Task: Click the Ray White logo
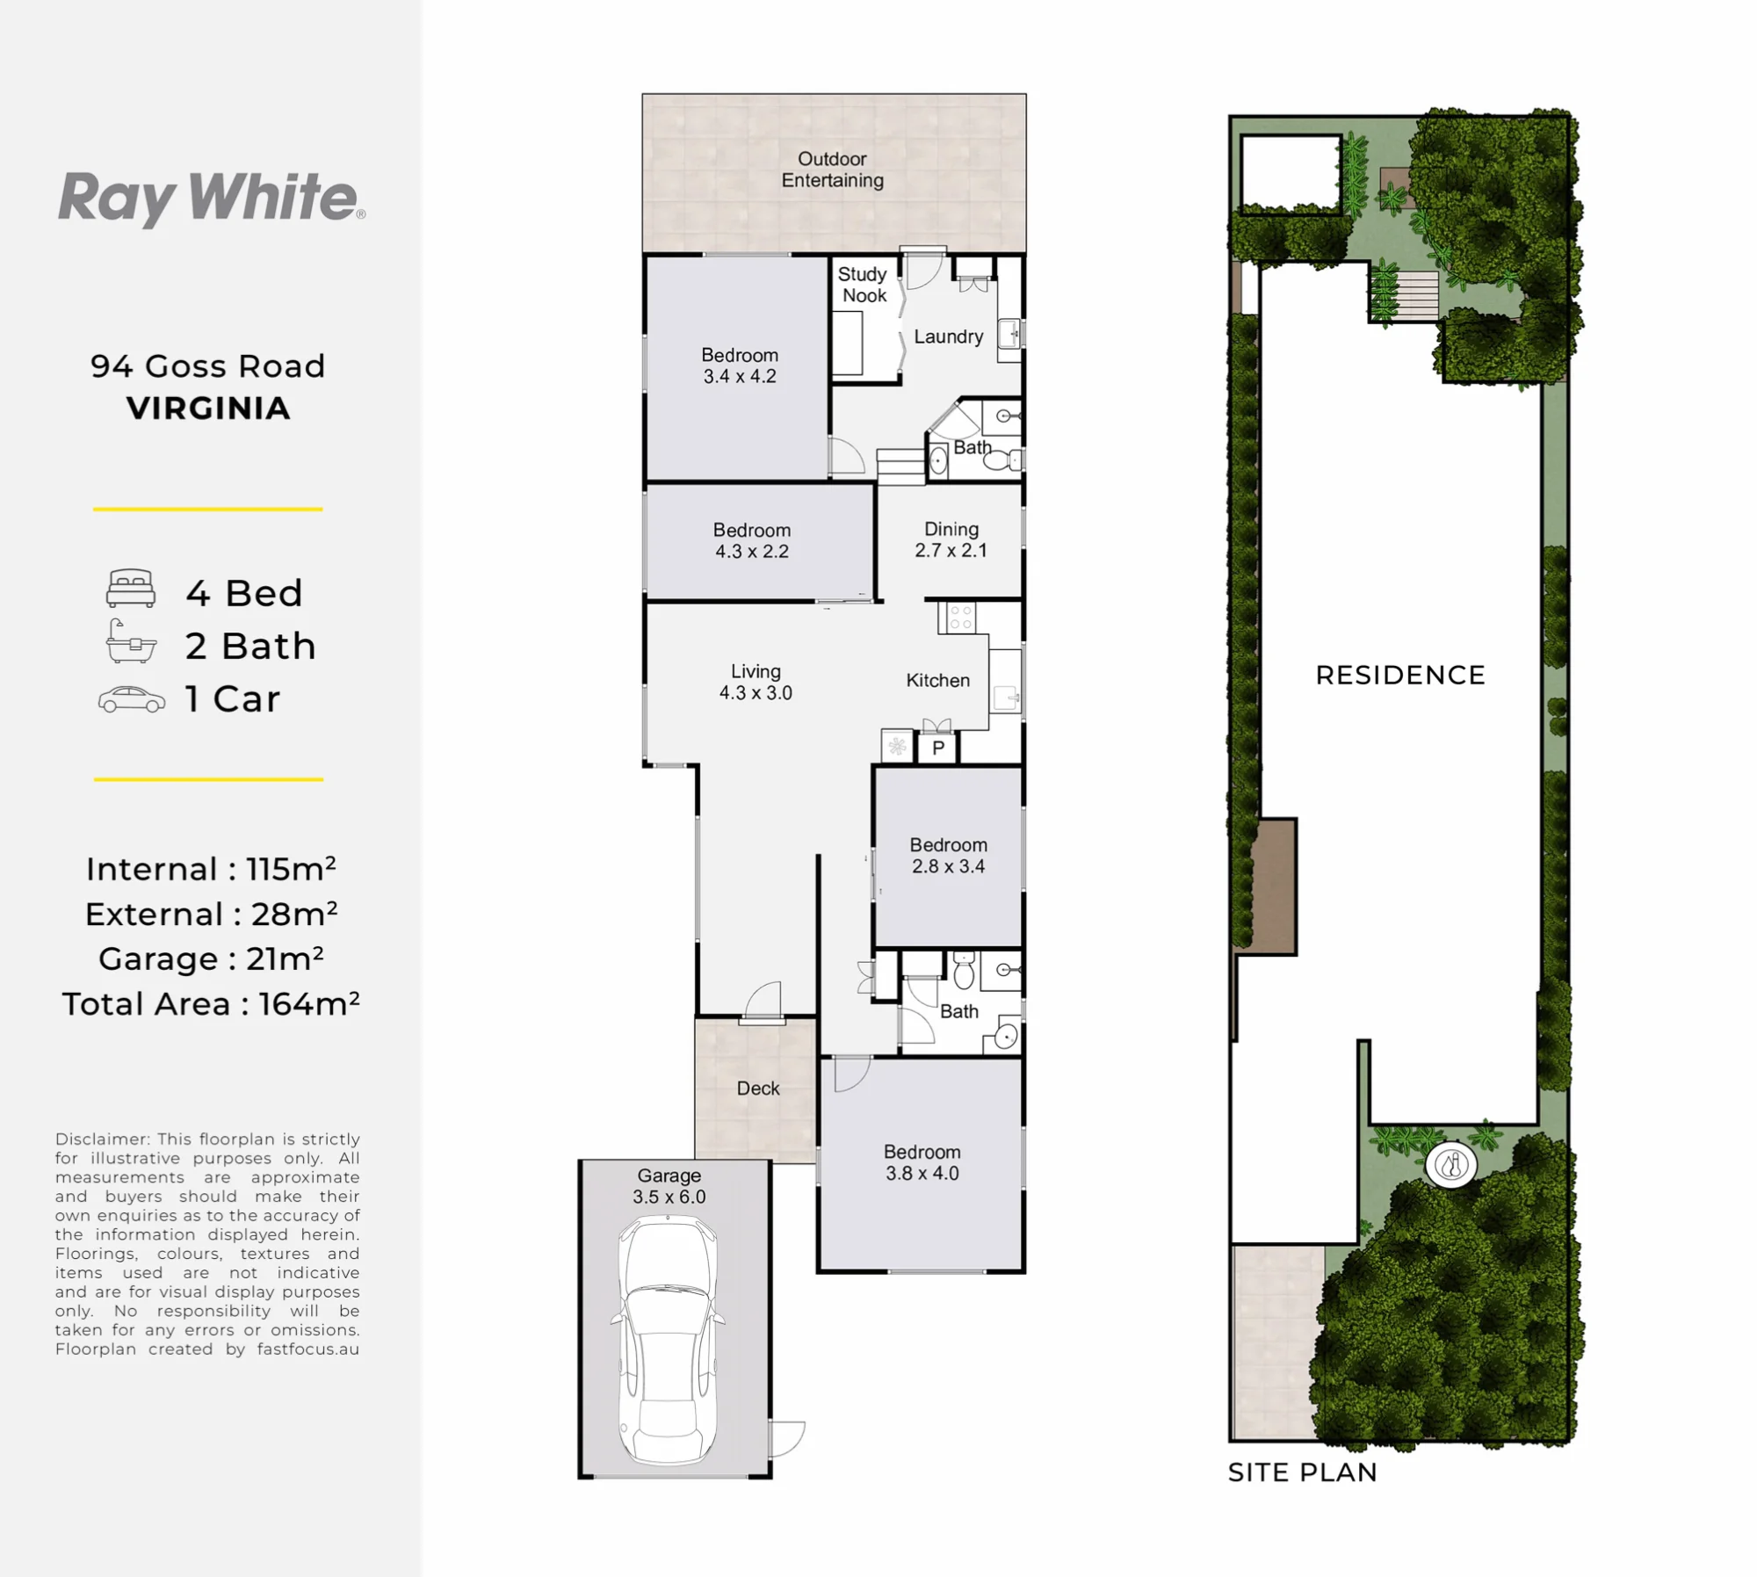211,199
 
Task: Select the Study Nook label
864,285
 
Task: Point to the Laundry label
948,336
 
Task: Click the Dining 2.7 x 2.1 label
951,539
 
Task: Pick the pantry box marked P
937,749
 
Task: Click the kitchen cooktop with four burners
958,618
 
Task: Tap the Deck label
758,1089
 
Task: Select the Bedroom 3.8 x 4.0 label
922,1162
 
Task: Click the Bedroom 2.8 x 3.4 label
948,856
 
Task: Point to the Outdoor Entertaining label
833,170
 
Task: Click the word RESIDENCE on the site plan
1400,675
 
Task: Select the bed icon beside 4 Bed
131,589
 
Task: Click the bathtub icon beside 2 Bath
131,640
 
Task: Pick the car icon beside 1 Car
132,699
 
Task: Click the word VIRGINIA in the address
208,409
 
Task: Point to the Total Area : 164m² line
211,1004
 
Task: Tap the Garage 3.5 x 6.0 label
669,1186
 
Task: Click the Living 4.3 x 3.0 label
756,682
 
